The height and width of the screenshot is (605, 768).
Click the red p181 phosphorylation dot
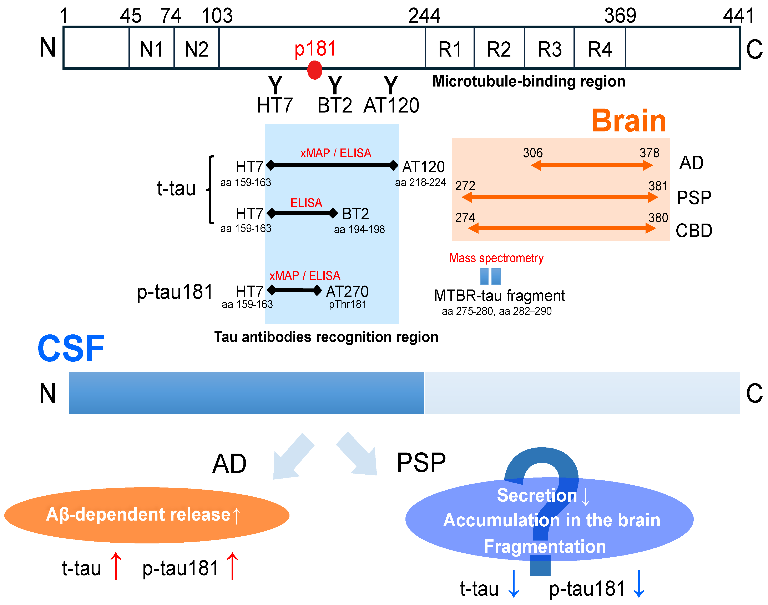[x=314, y=70]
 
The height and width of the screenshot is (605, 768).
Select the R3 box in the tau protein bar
[x=549, y=49]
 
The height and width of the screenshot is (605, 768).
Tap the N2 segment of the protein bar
[x=196, y=49]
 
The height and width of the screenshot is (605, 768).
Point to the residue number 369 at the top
[x=620, y=16]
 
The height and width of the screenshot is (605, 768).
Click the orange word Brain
[x=629, y=121]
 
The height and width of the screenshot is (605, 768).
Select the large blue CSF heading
[x=71, y=349]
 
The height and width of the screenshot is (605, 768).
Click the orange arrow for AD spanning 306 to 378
[x=591, y=165]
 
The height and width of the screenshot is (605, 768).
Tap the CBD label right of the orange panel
[x=693, y=231]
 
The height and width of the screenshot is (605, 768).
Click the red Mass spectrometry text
[x=496, y=258]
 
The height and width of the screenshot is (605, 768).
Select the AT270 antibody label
[x=347, y=292]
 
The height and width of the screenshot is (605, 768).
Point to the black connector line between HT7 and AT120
[x=332, y=165]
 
